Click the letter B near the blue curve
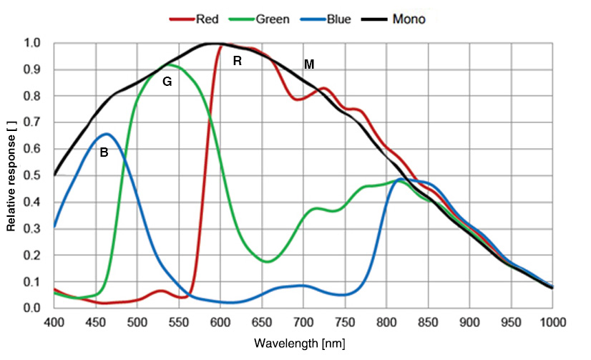click(x=104, y=152)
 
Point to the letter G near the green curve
click(x=167, y=82)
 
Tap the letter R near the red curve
click(x=238, y=62)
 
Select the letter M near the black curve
click(x=309, y=64)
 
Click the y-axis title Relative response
click(x=11, y=175)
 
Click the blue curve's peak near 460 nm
click(x=107, y=134)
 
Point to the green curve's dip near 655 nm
click(x=267, y=262)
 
